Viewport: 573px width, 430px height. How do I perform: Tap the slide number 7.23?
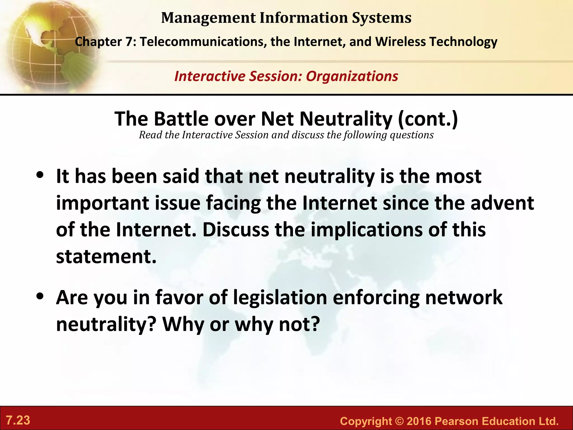pyautogui.click(x=18, y=420)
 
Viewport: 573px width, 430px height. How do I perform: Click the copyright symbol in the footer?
pyautogui.click(x=399, y=421)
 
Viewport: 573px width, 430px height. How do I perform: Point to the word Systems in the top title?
pyautogui.click(x=382, y=18)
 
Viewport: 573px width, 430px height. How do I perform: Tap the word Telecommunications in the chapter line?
pyautogui.click(x=203, y=42)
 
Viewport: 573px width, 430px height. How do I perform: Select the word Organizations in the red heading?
pyautogui.click(x=352, y=76)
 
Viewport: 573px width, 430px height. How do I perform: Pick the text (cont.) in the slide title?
pyautogui.click(x=428, y=119)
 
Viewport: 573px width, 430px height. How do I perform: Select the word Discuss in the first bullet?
pyautogui.click(x=236, y=230)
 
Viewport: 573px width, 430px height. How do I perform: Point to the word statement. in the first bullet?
pyautogui.click(x=106, y=256)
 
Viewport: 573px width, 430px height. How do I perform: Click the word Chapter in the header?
pyautogui.click(x=98, y=42)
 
